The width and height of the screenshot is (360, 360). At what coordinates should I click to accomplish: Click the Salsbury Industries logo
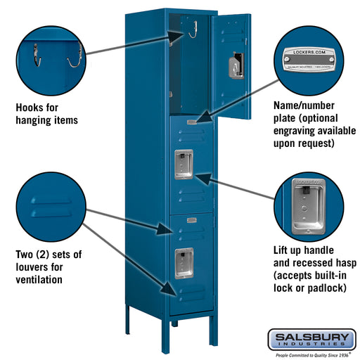311,340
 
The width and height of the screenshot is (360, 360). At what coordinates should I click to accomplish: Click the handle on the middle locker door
184,164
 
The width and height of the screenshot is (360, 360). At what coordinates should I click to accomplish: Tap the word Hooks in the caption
32,108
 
